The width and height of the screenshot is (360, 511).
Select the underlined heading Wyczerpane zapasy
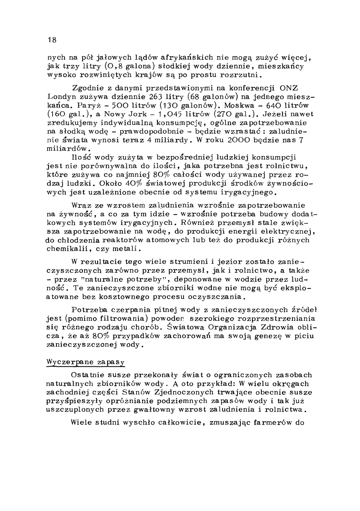pyautogui.click(x=86, y=362)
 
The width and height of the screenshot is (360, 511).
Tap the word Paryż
pyautogui.click(x=88, y=105)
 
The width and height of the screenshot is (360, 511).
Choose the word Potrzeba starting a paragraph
pyautogui.click(x=89, y=310)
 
